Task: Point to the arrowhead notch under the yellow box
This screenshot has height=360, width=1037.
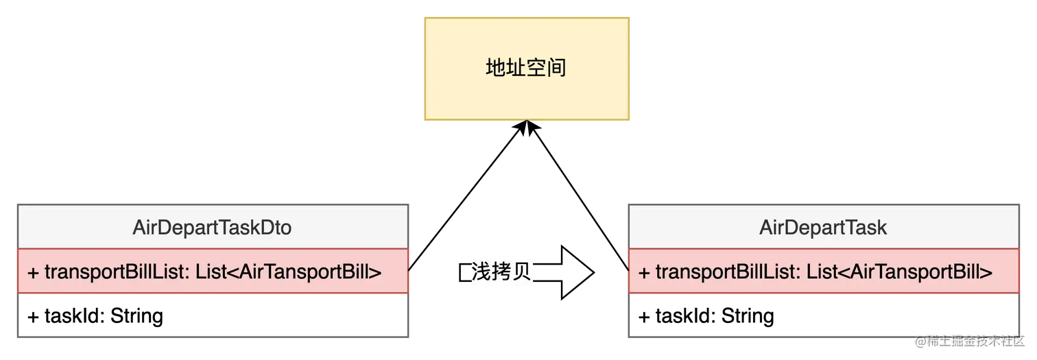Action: [526, 123]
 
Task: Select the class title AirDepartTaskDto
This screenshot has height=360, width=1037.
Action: [212, 228]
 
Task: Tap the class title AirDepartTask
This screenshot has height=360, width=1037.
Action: [823, 228]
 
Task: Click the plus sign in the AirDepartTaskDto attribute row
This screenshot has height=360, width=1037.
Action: [33, 273]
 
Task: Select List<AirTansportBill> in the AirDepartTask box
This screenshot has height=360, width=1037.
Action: [899, 272]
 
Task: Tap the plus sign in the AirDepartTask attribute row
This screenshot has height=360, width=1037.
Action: [644, 273]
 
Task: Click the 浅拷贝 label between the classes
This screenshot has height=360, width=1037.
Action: [501, 272]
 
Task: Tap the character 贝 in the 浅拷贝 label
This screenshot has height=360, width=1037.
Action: [522, 272]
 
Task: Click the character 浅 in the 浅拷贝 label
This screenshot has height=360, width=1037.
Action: [481, 272]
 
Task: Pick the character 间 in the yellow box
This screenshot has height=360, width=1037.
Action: [556, 69]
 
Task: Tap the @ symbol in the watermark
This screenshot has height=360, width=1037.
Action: [918, 341]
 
